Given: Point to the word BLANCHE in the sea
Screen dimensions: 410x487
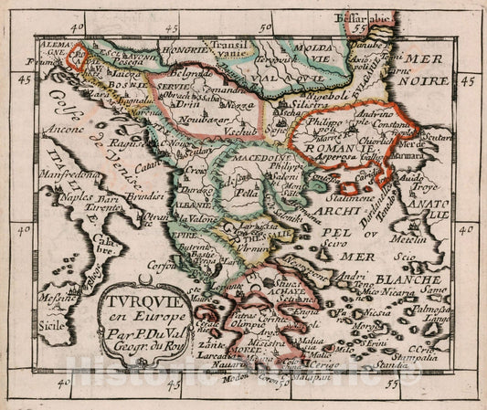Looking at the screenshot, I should point(409,279).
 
